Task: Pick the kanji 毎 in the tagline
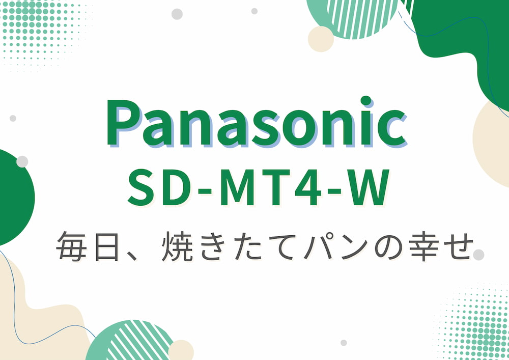[70, 246]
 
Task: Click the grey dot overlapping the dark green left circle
[22, 162]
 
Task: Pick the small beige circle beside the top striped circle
[321, 39]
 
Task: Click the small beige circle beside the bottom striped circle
[181, 350]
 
